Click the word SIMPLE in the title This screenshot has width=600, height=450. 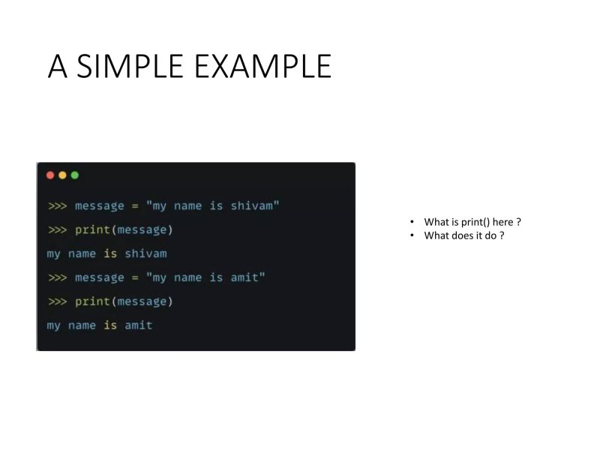pyautogui.click(x=130, y=67)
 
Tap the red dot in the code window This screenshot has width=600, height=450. pyautogui.click(x=50, y=175)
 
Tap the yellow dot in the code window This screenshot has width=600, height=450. pyautogui.click(x=62, y=175)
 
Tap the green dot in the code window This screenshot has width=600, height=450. pyautogui.click(x=74, y=175)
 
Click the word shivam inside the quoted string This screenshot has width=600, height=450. pyautogui.click(x=252, y=205)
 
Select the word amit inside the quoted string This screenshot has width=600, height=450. pyautogui.click(x=245, y=277)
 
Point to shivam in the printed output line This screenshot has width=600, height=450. pyautogui.click(x=145, y=253)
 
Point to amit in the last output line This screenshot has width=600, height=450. pyautogui.click(x=138, y=325)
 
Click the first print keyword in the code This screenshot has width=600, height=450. pyautogui.click(x=92, y=229)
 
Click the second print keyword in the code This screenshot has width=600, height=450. pyautogui.click(x=92, y=301)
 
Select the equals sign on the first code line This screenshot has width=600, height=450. pyautogui.click(x=135, y=205)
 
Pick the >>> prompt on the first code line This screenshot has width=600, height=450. pyautogui.click(x=58, y=205)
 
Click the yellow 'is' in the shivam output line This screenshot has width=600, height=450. pyautogui.click(x=110, y=253)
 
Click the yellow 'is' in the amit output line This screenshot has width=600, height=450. pyautogui.click(x=110, y=325)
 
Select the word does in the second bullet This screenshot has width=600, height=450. pyautogui.click(x=463, y=235)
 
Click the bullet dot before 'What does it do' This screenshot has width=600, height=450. pyautogui.click(x=412, y=235)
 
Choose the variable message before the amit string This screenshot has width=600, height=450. pyautogui.click(x=100, y=277)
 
